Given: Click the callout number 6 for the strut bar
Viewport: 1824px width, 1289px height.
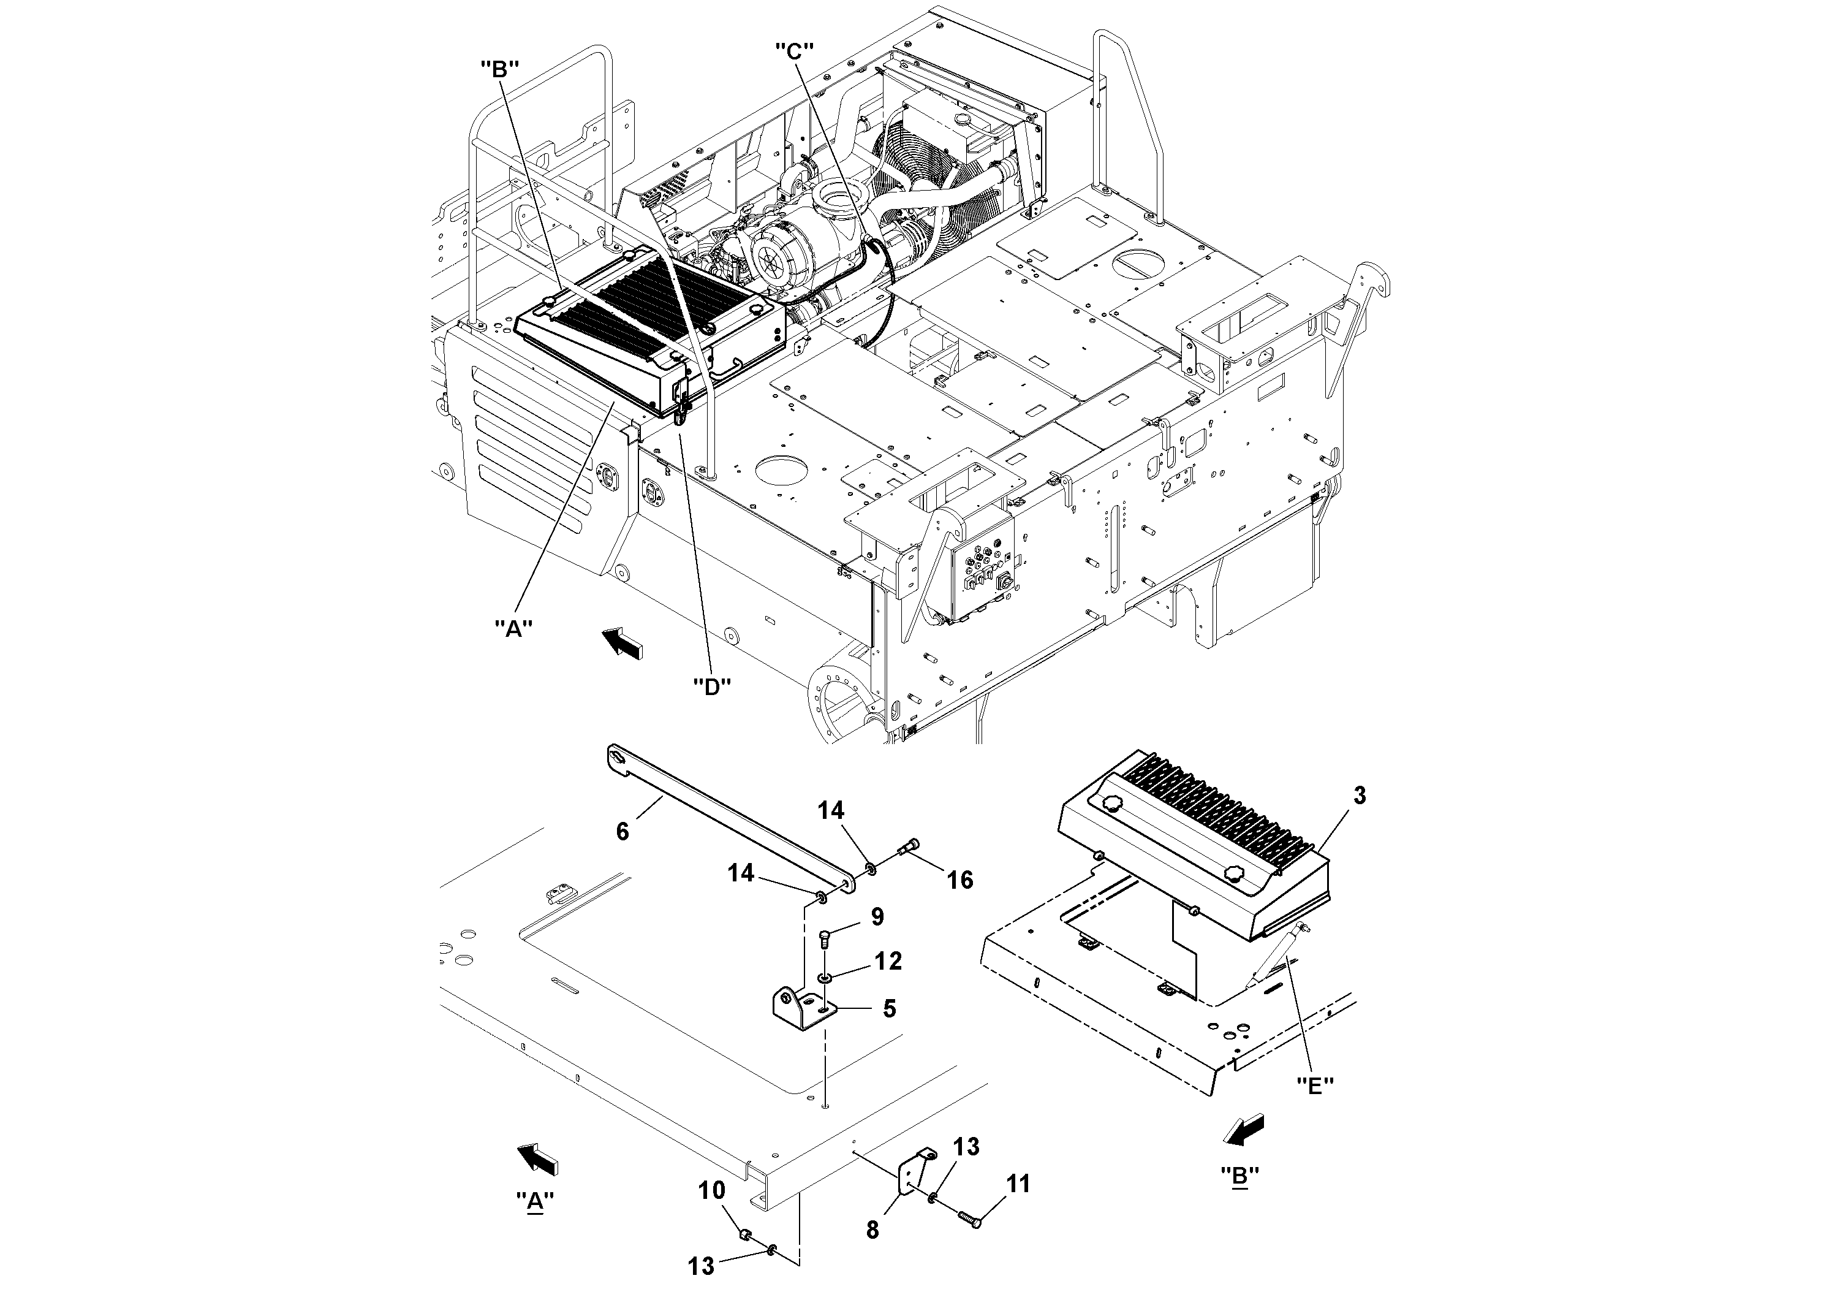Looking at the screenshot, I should point(622,831).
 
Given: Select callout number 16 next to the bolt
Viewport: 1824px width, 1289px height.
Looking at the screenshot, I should point(959,879).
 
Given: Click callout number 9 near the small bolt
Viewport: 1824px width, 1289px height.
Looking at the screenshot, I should point(876,917).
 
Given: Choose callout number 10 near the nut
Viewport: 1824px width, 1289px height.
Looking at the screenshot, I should point(712,1190).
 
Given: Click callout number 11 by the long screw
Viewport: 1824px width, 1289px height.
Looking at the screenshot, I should point(1018,1184).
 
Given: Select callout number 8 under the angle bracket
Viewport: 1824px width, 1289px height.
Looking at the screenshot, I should point(872,1230).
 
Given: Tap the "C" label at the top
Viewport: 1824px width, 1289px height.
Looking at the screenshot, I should point(795,51).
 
